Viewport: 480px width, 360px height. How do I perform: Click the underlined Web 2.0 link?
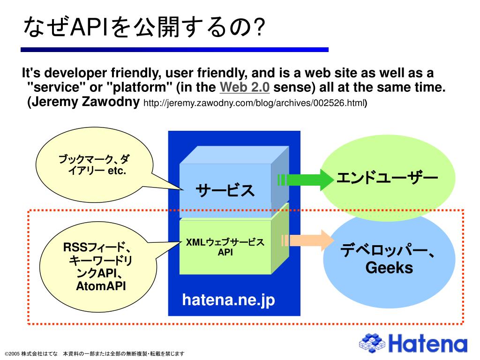pyautogui.click(x=245, y=88)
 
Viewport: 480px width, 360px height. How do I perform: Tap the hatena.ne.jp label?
pyautogui.click(x=228, y=300)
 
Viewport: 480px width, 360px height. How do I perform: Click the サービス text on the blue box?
pyautogui.click(x=225, y=191)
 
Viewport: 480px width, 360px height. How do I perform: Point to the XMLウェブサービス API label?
pyautogui.click(x=225, y=247)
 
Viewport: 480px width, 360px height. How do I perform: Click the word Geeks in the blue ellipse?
pyautogui.click(x=389, y=268)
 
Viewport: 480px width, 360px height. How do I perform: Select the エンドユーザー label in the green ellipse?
pyautogui.click(x=387, y=178)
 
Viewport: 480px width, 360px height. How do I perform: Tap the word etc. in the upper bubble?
pyautogui.click(x=117, y=171)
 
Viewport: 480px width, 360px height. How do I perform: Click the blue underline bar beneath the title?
pyautogui.click(x=174, y=49)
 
